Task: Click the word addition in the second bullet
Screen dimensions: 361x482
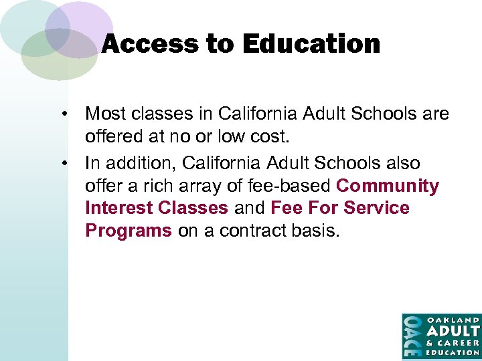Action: click(x=136, y=163)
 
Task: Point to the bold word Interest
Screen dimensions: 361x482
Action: click(x=118, y=208)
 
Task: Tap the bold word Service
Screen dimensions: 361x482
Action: click(x=377, y=208)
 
